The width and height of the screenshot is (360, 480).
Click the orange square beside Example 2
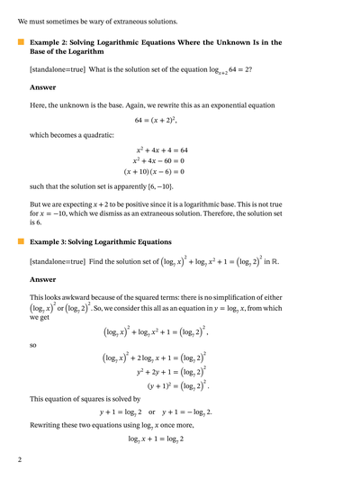pyautogui.click(x=21, y=41)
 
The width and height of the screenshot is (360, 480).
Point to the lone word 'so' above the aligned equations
pyautogui.click(x=33, y=343)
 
